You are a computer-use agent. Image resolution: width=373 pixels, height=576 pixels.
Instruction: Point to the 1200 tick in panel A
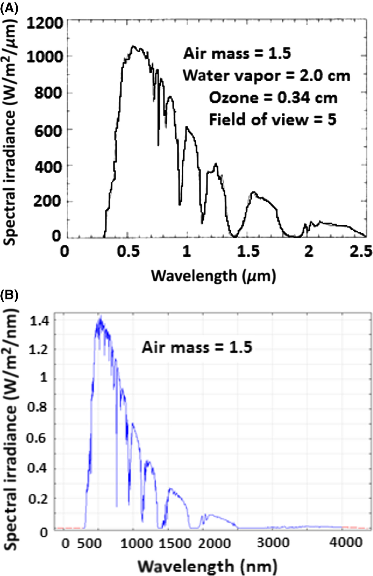(x=45, y=24)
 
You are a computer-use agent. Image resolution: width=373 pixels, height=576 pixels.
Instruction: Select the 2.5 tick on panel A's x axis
(x=361, y=251)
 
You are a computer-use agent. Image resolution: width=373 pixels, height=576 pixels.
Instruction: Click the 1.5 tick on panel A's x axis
(x=248, y=251)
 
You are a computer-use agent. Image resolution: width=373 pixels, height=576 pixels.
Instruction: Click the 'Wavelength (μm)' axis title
(x=213, y=276)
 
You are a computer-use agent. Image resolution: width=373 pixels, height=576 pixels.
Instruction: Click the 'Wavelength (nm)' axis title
(x=207, y=566)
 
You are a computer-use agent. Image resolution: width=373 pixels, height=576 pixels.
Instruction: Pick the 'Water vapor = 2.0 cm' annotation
(x=266, y=75)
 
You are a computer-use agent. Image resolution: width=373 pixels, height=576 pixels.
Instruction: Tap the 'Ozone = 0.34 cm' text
(x=273, y=97)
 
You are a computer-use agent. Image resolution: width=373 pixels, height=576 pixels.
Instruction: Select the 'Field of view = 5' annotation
(x=272, y=120)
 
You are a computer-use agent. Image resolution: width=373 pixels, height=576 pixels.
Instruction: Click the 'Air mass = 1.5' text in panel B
(x=197, y=347)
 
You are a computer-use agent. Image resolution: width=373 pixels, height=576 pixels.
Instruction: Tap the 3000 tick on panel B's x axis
(x=273, y=543)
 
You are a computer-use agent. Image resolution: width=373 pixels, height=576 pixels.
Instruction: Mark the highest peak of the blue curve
(x=101, y=317)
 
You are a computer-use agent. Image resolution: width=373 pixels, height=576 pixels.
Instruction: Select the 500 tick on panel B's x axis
(x=89, y=544)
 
